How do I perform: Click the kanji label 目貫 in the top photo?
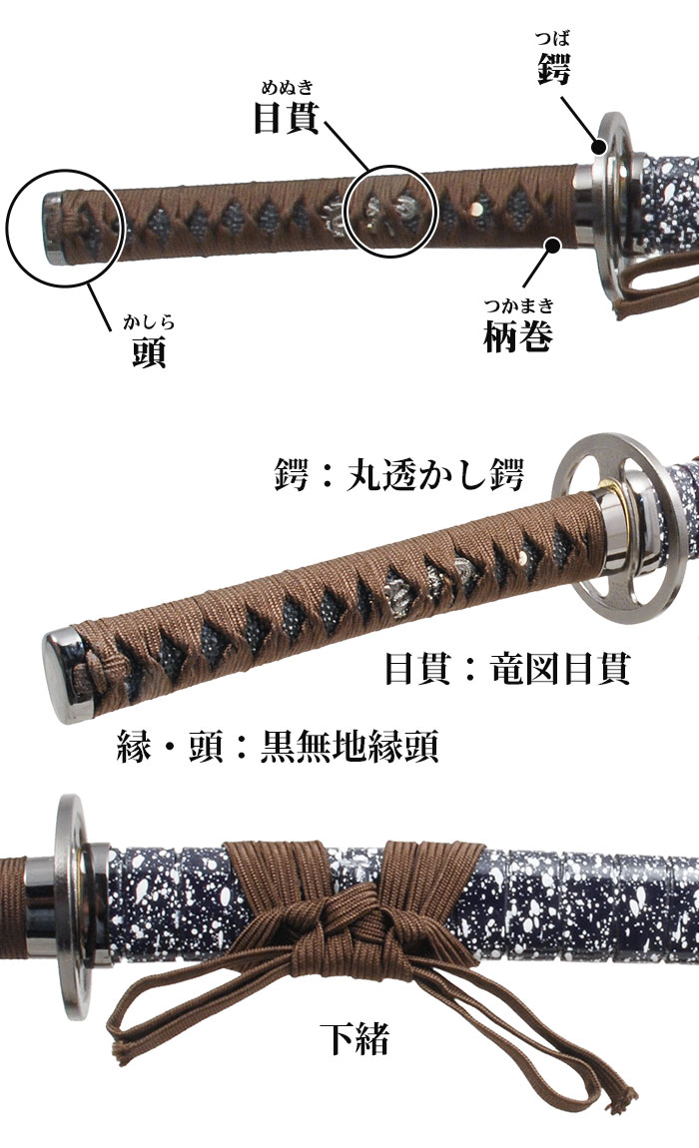[286, 118]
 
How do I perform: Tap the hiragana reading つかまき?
[518, 306]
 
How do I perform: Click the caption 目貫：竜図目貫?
[507, 669]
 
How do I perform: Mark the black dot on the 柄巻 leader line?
[550, 240]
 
